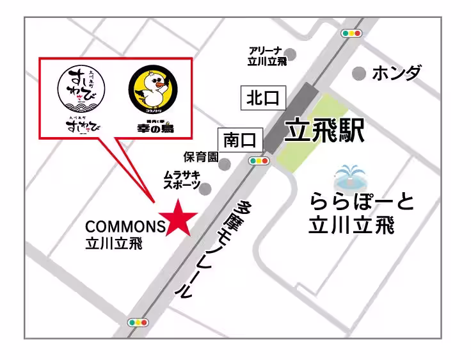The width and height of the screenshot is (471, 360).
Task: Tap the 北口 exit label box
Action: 263,98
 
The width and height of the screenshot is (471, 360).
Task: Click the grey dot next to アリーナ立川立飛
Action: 291,54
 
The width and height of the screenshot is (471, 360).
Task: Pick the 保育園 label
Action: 201,157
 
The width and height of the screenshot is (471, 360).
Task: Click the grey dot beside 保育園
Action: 225,164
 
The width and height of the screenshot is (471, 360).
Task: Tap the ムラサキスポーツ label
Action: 182,179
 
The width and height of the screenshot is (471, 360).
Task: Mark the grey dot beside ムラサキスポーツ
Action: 205,188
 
